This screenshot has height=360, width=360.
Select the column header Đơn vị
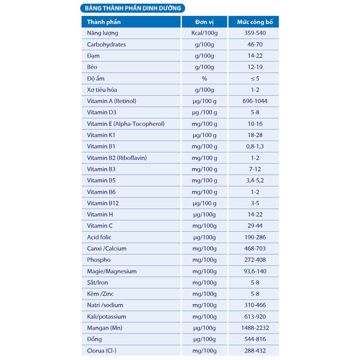tap(204, 22)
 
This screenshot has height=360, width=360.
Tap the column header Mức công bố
tap(253, 22)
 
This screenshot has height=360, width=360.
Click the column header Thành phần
tap(104, 22)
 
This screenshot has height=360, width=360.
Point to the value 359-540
tap(254, 33)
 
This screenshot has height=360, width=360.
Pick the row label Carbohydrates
tap(106, 44)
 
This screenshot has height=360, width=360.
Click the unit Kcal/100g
tap(204, 33)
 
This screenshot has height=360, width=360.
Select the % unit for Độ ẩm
tap(204, 78)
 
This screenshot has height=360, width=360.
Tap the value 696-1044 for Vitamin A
tap(254, 101)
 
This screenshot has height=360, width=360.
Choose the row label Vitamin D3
tap(101, 112)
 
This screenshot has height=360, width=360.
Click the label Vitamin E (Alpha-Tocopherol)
tap(126, 124)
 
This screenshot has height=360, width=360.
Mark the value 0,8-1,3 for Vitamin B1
tap(254, 146)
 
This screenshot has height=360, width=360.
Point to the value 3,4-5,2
tap(254, 180)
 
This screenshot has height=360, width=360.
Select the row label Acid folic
tap(99, 237)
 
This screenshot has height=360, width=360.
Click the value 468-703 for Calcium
tap(254, 248)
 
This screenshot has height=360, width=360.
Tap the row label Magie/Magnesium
tap(112, 271)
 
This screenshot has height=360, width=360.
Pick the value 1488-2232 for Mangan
tap(254, 328)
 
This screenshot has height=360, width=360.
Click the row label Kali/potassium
tap(106, 317)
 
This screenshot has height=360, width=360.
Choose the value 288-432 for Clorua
tap(254, 350)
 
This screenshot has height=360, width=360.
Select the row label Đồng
tap(95, 339)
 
